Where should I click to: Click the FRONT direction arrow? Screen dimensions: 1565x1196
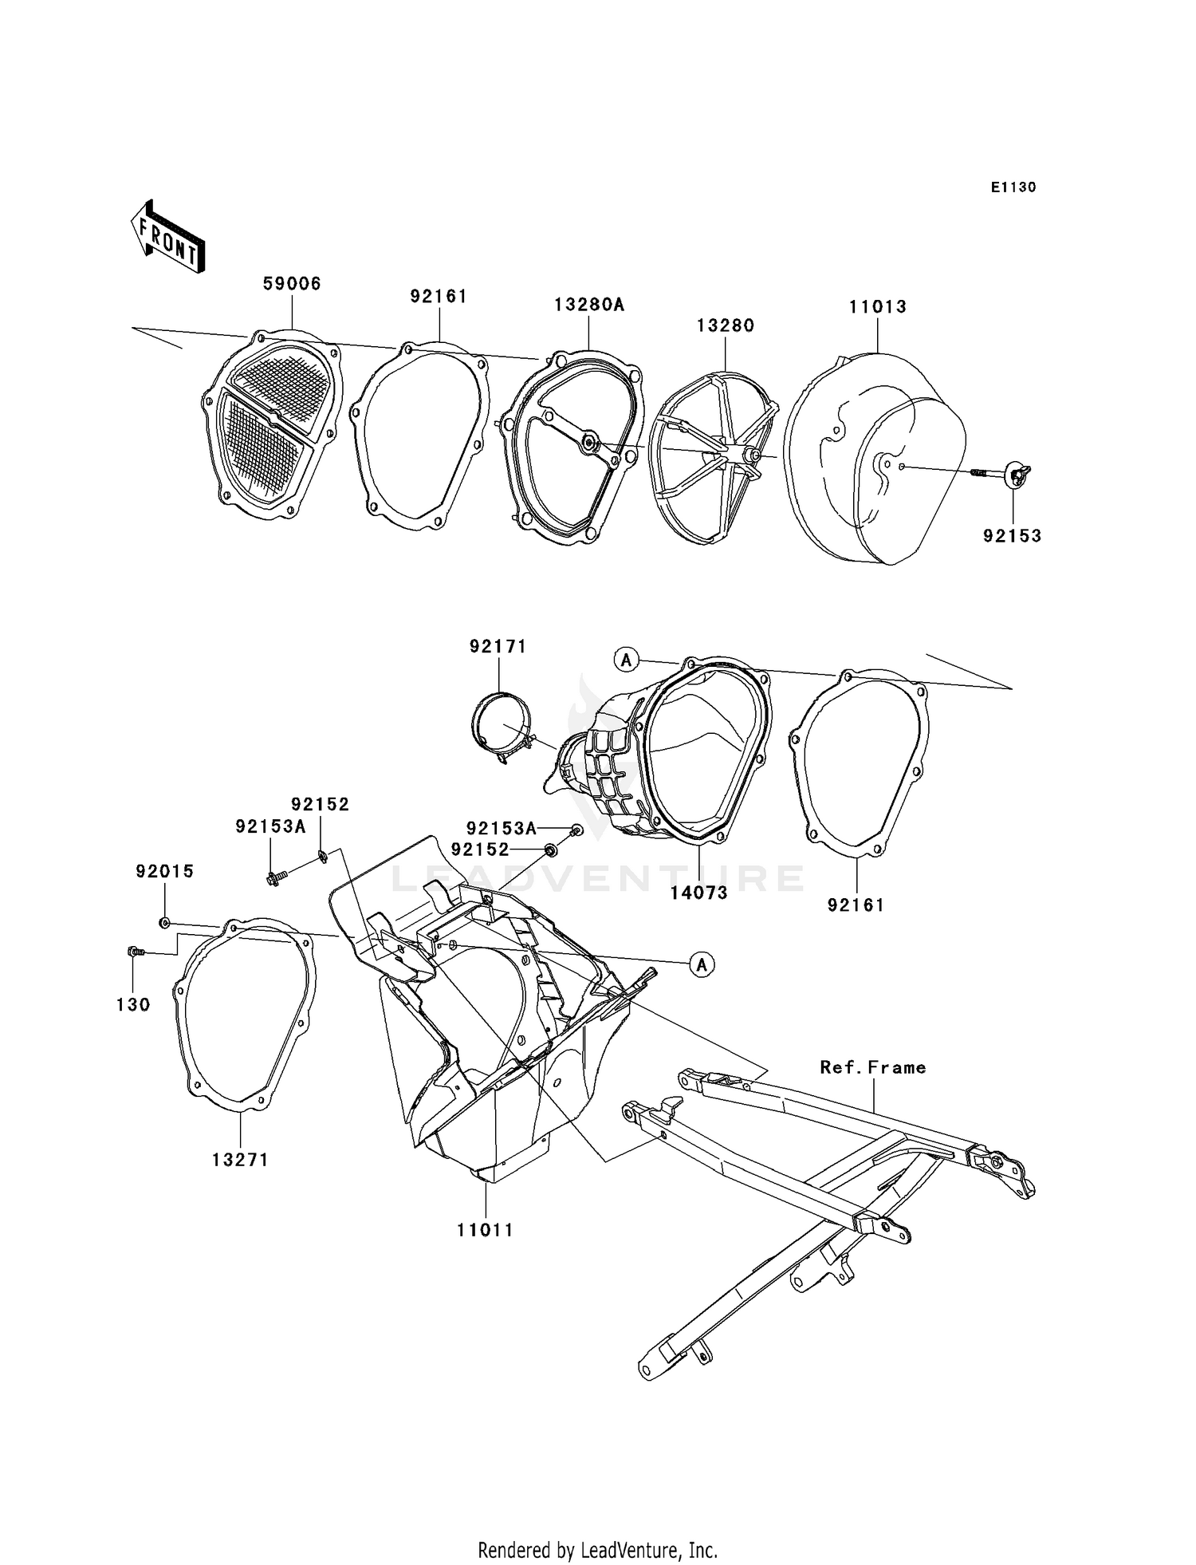(x=168, y=237)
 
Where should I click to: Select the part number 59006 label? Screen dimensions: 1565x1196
(x=292, y=284)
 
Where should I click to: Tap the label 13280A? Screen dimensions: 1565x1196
(x=589, y=305)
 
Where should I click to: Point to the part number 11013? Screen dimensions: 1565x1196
(x=877, y=307)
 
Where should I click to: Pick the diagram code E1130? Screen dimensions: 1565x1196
(x=1013, y=187)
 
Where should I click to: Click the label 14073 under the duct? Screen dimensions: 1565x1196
(x=698, y=893)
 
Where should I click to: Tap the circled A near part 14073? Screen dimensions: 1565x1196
(x=627, y=659)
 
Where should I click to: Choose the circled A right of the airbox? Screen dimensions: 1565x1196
(x=702, y=964)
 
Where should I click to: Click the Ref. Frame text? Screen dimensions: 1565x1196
(x=873, y=1067)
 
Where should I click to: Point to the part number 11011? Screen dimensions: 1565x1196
(x=485, y=1230)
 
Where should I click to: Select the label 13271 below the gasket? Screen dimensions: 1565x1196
(x=240, y=1160)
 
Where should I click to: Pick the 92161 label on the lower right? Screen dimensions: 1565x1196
(x=856, y=905)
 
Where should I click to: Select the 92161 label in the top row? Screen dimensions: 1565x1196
(x=439, y=297)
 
